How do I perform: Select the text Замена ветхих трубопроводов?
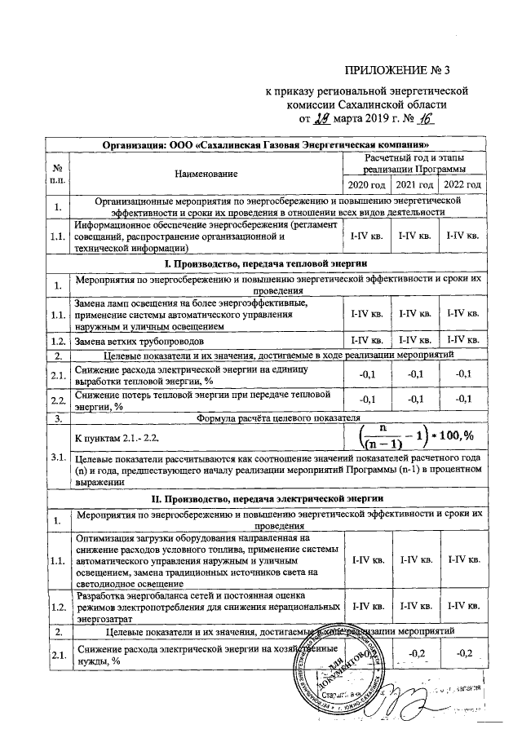[147, 340]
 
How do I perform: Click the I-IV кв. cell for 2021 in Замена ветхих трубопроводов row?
[414, 340]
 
